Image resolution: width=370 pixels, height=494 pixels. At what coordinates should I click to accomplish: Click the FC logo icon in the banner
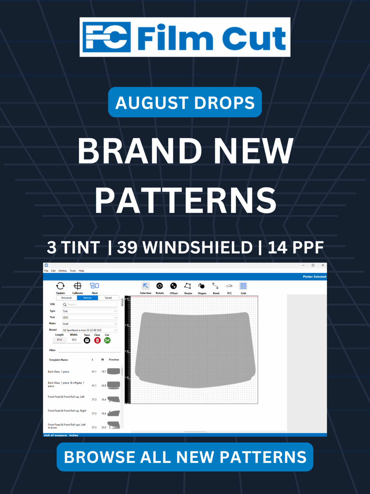pos(107,37)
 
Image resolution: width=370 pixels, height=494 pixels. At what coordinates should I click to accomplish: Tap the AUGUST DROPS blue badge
pos(185,102)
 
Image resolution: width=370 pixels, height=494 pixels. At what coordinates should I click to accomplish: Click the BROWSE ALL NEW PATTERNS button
pos(185,457)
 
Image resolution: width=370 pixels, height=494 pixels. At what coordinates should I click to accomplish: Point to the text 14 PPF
pos(295,247)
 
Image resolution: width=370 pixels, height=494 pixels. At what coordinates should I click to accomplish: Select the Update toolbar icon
pos(60,286)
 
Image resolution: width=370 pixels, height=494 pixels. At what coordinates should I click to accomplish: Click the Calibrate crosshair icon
pos(77,286)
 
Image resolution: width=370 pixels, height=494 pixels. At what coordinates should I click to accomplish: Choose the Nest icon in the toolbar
pos(94,286)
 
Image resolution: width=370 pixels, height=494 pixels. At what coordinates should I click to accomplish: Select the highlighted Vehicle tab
pos(87,298)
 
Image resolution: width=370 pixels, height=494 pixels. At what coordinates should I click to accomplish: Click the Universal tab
pos(66,298)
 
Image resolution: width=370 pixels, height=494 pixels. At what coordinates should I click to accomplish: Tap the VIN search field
pos(90,305)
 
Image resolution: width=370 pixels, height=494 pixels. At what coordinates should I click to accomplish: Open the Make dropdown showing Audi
pos(90,324)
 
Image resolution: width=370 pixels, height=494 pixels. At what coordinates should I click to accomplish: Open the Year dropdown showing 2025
pos(90,317)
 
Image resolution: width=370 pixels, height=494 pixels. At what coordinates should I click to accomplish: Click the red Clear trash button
pos(97,340)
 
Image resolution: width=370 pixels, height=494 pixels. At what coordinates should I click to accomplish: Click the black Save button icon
pos(87,340)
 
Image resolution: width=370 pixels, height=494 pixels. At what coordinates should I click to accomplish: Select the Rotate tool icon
pos(160,286)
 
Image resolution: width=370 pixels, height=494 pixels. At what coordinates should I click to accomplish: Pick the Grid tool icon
pos(243,286)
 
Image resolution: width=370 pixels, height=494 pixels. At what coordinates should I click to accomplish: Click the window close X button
pos(323,265)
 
